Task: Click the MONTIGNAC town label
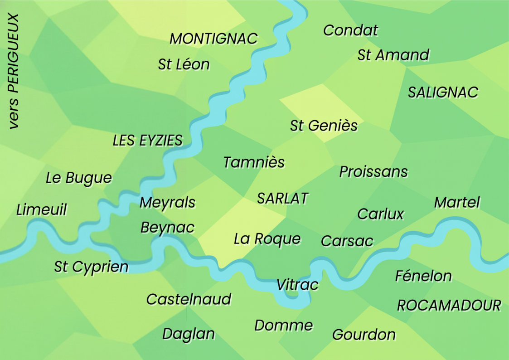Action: pyautogui.click(x=213, y=39)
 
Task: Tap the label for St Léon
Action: pyautogui.click(x=184, y=64)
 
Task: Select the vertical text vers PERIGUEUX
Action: pyautogui.click(x=14, y=72)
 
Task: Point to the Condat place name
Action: pyautogui.click(x=350, y=30)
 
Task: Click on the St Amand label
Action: pyautogui.click(x=393, y=55)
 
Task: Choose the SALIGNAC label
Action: pyautogui.click(x=443, y=92)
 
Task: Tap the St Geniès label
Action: pyautogui.click(x=324, y=126)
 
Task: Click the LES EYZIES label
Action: pyautogui.click(x=147, y=141)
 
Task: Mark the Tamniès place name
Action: pyautogui.click(x=254, y=162)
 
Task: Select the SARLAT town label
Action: pyautogui.click(x=282, y=198)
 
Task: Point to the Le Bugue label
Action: pyautogui.click(x=79, y=178)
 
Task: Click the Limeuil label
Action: pyautogui.click(x=42, y=210)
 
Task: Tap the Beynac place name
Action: pyautogui.click(x=167, y=227)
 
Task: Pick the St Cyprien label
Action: pyautogui.click(x=91, y=267)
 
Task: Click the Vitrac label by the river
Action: pyautogui.click(x=297, y=285)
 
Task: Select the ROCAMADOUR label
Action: pyautogui.click(x=449, y=306)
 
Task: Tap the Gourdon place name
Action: pyautogui.click(x=364, y=335)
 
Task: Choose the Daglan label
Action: pyautogui.click(x=188, y=334)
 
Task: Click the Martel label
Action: pyautogui.click(x=456, y=202)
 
